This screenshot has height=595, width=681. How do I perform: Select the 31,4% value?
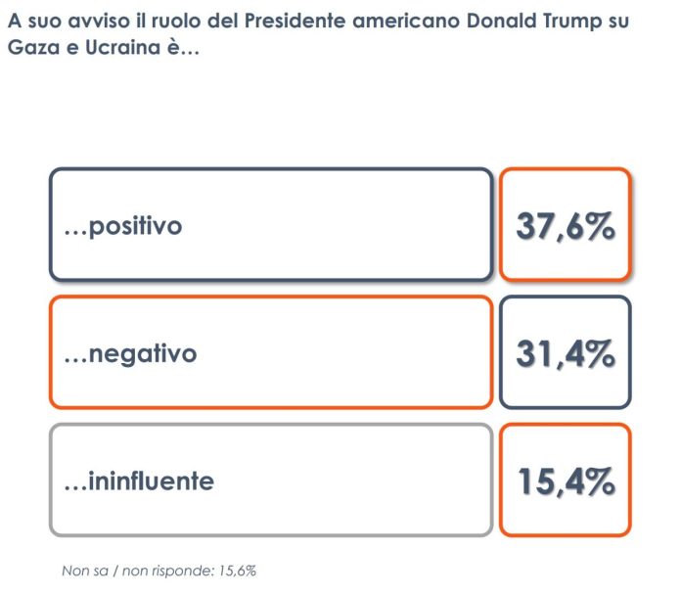(x=565, y=352)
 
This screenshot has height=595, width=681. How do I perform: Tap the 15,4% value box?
(x=565, y=481)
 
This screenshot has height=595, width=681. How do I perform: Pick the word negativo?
(x=142, y=353)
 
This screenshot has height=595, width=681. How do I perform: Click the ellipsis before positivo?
(x=74, y=231)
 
